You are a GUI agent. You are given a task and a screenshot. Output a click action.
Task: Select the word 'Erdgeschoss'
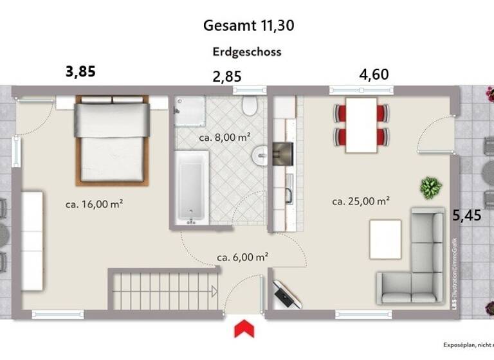(247, 52)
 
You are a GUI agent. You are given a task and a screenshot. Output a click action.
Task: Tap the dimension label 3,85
(80, 71)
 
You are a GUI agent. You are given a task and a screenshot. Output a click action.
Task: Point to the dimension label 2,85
(227, 76)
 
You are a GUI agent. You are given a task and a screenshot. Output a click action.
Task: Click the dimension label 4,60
(374, 74)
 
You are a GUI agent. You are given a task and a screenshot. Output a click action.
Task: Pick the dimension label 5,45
(466, 215)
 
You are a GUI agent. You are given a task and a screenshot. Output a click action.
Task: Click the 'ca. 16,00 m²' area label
(95, 204)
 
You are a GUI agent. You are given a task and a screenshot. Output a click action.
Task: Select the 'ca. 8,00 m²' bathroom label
(224, 137)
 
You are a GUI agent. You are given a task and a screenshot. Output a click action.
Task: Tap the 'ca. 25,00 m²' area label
(361, 201)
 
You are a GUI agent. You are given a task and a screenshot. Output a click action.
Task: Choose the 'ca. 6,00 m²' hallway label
(242, 256)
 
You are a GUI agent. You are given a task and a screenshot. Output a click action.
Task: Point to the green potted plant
(430, 188)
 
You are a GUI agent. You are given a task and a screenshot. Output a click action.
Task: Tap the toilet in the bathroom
(250, 106)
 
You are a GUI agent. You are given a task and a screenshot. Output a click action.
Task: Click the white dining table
(361, 125)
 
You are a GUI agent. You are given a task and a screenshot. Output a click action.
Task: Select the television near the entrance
(284, 295)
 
